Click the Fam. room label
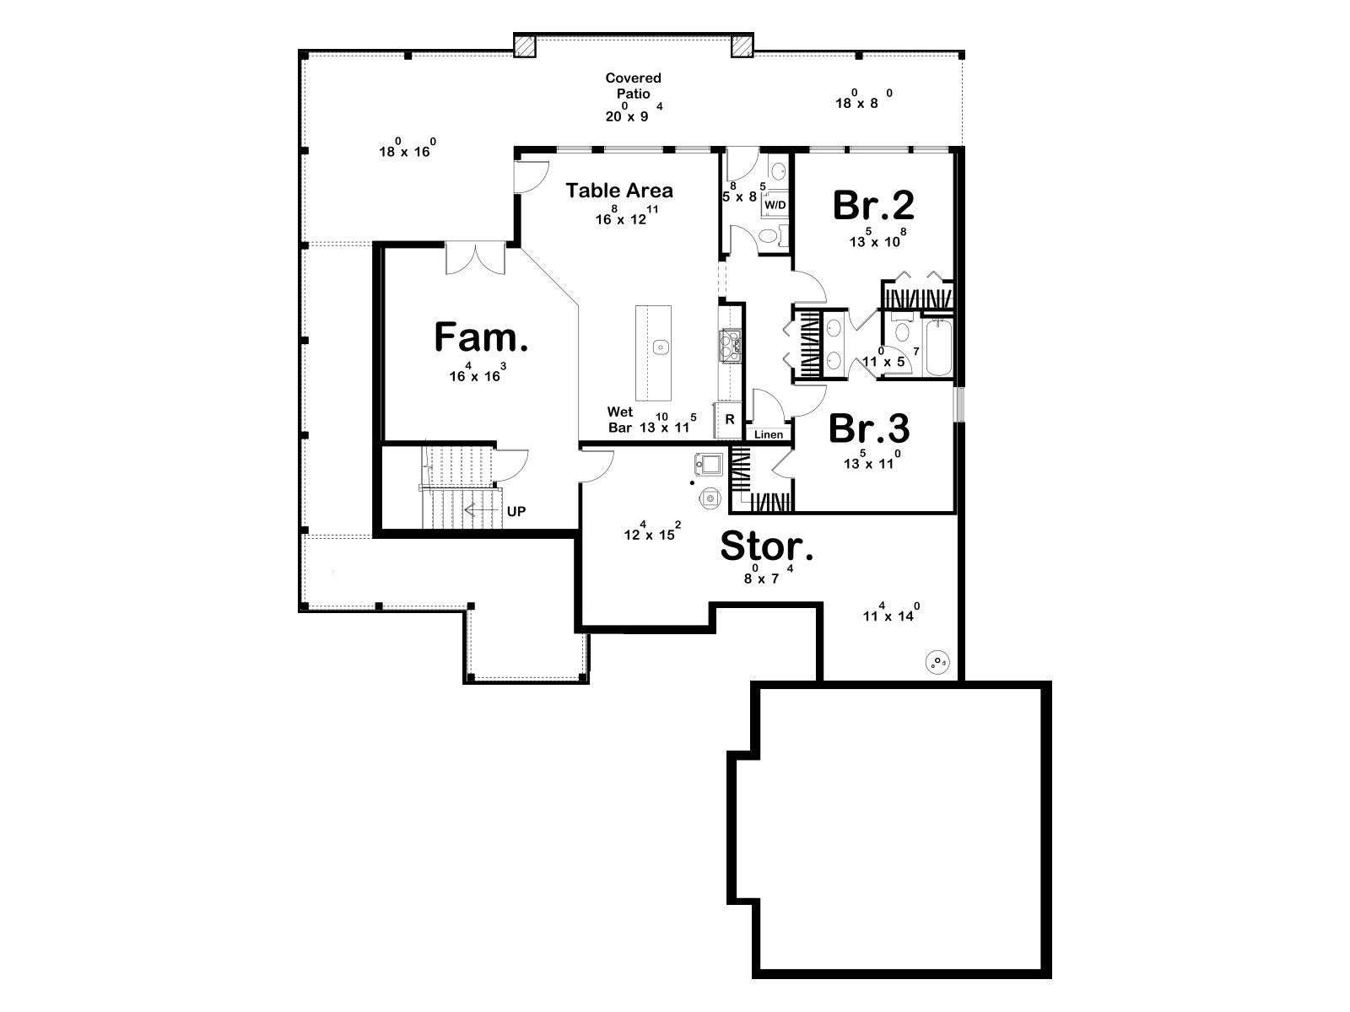[480, 337]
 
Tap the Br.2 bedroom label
[873, 205]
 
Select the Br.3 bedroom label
[869, 428]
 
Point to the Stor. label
[766, 546]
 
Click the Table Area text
[619, 191]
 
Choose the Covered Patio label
[634, 85]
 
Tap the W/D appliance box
[775, 205]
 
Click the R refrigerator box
[730, 420]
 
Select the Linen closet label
[769, 434]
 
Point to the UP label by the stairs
[516, 511]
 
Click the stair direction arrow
[481, 510]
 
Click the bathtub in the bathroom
[938, 347]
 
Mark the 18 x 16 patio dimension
[408, 148]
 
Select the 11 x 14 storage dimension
[891, 612]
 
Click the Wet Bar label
[620, 420]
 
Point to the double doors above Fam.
[475, 258]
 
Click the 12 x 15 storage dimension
[652, 531]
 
